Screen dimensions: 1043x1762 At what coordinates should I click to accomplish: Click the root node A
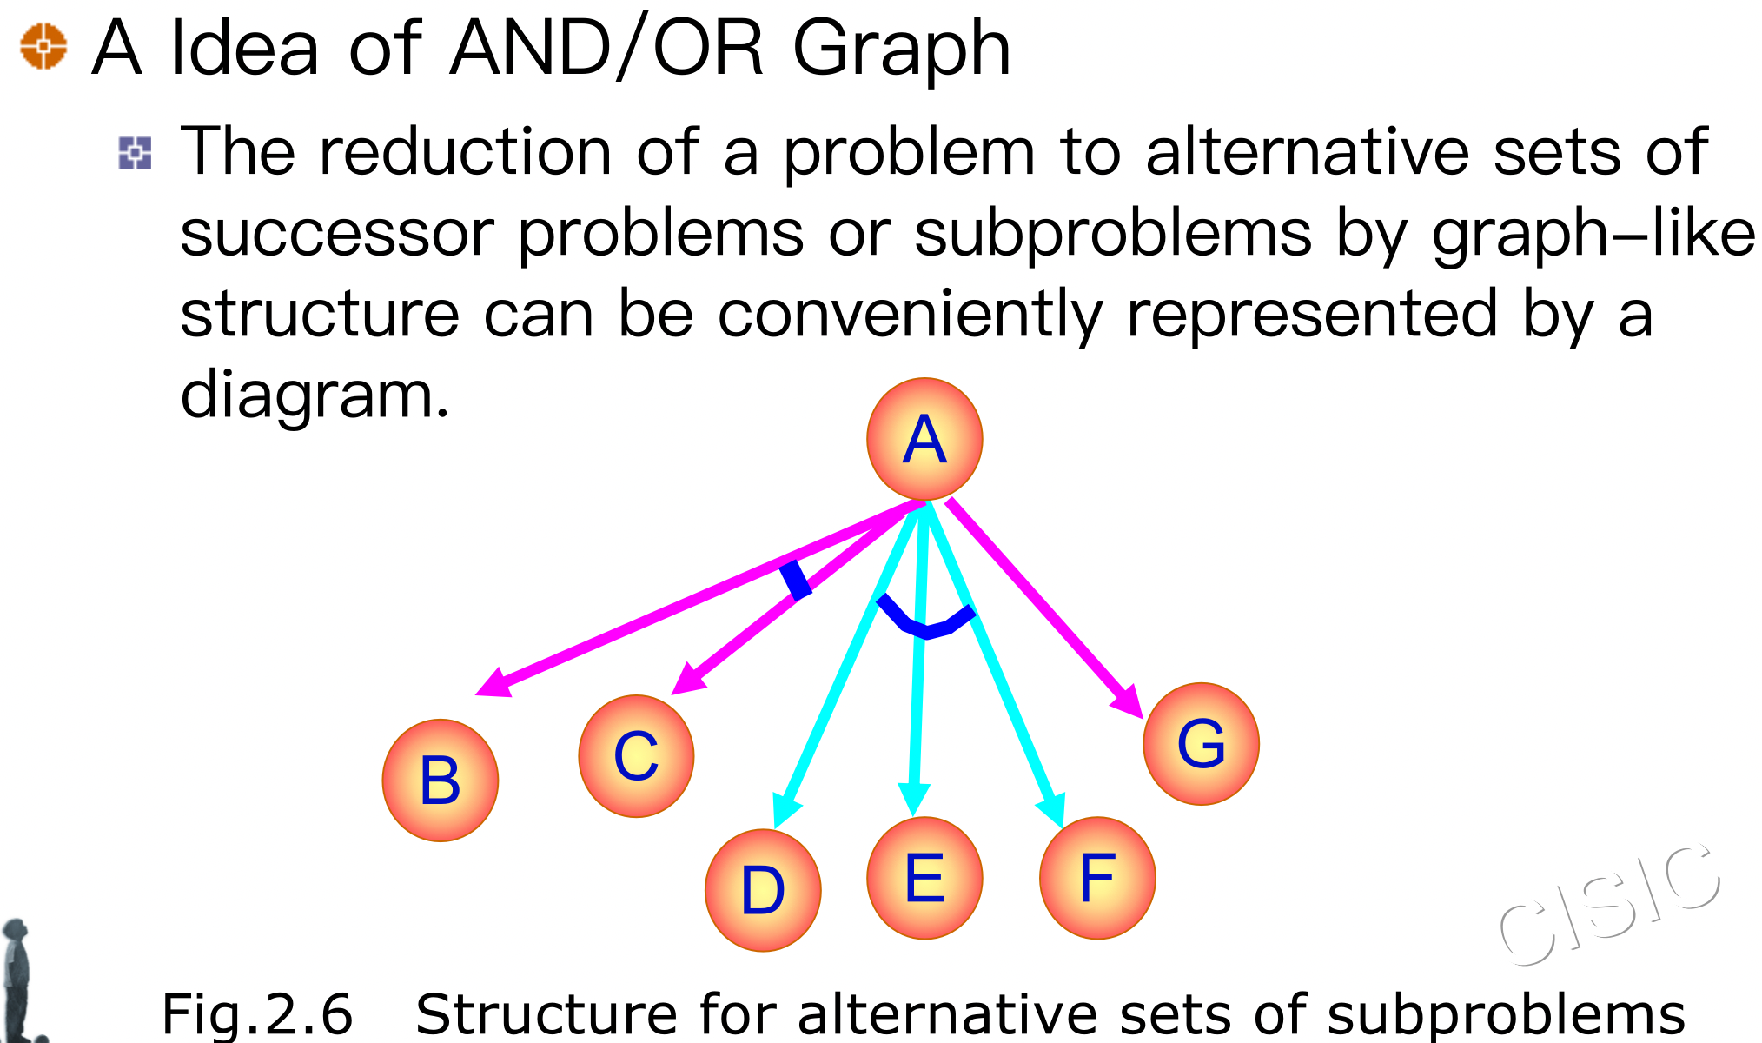924,439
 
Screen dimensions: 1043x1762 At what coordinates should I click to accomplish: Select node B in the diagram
440,780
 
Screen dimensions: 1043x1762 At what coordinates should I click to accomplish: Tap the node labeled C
636,755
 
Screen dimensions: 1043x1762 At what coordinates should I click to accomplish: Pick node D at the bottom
763,889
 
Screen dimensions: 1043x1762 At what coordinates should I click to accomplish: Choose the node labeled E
924,878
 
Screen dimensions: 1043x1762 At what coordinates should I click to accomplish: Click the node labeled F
1097,878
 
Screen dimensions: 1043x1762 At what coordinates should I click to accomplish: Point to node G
1201,743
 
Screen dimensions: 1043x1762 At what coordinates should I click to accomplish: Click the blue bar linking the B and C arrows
795,580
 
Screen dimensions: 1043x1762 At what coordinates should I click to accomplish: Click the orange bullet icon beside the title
43,46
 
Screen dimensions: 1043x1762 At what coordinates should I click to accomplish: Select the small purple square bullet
135,153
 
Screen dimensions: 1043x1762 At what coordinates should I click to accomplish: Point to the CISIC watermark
1609,904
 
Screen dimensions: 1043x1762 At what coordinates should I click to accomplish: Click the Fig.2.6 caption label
257,1013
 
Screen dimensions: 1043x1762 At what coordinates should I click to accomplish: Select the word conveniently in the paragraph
910,315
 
